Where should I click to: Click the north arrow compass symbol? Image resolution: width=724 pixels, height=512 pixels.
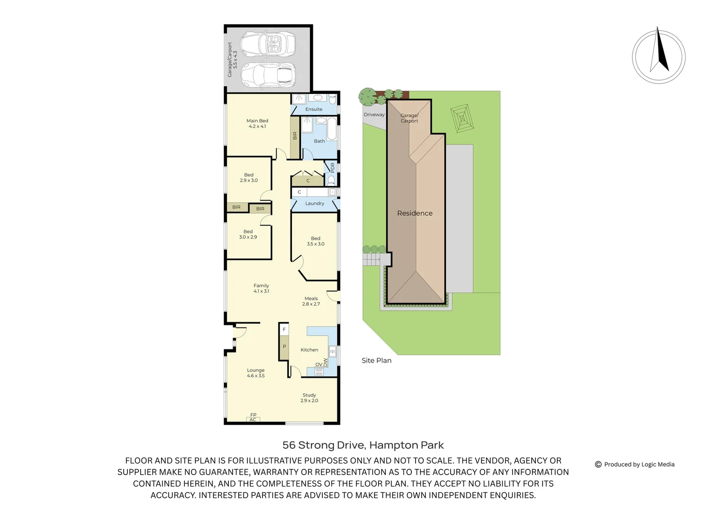659,56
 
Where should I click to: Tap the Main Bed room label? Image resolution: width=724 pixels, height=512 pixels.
257,124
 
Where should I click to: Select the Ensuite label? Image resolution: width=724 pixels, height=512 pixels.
314,110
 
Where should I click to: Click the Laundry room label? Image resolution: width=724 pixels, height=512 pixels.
315,203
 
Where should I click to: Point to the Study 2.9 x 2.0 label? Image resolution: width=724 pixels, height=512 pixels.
309,398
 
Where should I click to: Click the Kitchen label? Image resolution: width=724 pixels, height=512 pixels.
309,350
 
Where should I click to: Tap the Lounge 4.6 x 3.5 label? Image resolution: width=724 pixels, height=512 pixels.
256,373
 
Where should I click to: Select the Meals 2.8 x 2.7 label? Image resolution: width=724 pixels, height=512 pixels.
311,302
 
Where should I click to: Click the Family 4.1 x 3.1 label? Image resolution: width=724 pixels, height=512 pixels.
261,288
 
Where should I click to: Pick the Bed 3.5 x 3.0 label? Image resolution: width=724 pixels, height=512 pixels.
316,241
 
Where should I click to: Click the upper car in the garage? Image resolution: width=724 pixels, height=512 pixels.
268,44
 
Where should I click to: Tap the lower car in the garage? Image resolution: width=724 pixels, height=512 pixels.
268,75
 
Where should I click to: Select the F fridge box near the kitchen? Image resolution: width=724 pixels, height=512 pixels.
284,329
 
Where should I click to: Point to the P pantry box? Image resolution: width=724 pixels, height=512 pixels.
284,347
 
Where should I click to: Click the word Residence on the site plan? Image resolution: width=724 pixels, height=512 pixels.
415,213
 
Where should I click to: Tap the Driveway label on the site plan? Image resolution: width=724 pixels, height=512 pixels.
374,115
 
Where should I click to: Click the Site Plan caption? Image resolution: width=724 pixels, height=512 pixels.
376,361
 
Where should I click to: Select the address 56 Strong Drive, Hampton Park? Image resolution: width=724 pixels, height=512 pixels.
363,445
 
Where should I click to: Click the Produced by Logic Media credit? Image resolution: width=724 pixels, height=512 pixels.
635,465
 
